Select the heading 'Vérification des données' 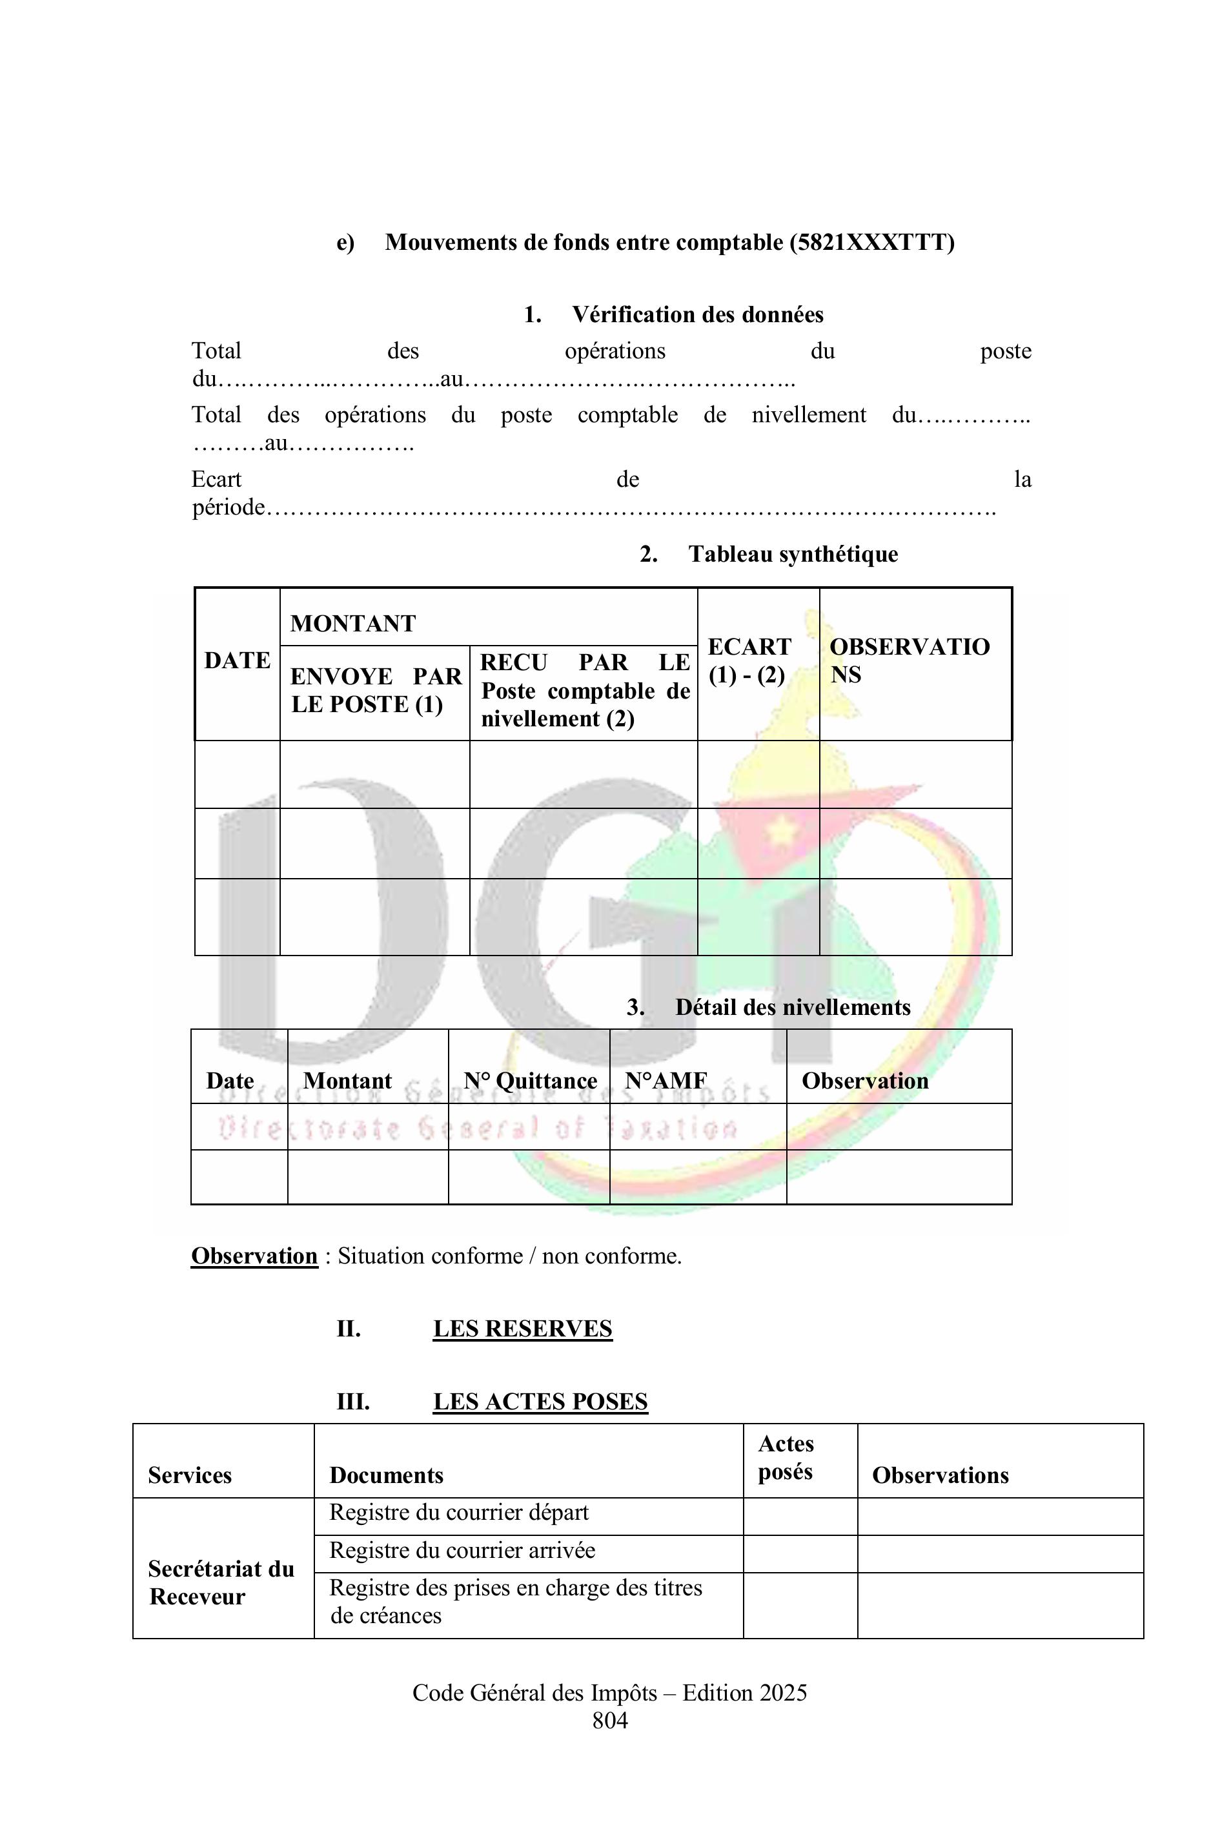697,314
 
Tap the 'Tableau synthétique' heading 792,554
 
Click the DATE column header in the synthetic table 238,660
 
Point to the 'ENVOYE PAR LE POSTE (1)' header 375,690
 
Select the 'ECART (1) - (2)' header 749,660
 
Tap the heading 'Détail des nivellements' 792,1007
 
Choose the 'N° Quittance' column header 530,1081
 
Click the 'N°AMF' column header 666,1081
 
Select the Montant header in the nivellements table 347,1081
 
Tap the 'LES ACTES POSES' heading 540,1402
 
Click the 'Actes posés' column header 786,1457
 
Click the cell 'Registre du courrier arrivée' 462,1550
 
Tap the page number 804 610,1720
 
